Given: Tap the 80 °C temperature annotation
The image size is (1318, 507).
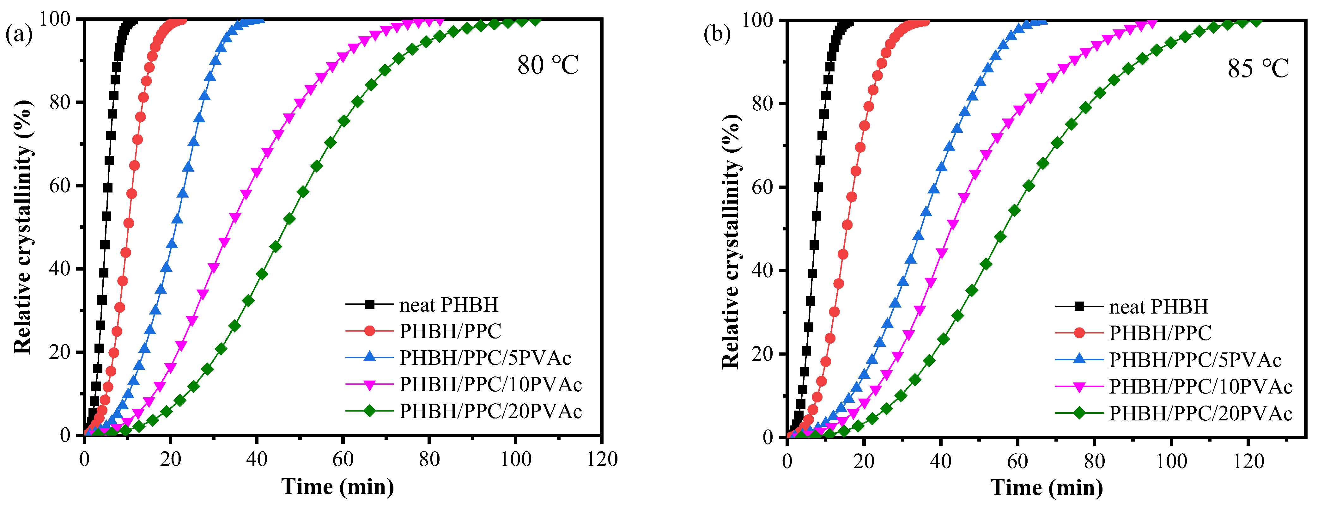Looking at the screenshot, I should click(x=548, y=65).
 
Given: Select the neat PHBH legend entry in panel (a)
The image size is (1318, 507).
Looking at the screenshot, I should click(x=448, y=305).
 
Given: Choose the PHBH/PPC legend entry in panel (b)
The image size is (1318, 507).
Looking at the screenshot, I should click(x=1160, y=333).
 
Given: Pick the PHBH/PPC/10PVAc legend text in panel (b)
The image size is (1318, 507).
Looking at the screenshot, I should click(x=1200, y=387).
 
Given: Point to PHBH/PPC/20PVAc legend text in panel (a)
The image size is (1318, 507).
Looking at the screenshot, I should click(x=490, y=411).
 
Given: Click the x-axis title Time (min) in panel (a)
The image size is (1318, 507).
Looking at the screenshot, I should click(x=338, y=486).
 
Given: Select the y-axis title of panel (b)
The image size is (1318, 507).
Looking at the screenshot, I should click(x=731, y=241).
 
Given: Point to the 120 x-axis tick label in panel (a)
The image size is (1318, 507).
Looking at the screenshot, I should click(x=602, y=459).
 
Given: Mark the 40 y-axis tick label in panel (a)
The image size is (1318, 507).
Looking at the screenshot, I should click(x=59, y=269).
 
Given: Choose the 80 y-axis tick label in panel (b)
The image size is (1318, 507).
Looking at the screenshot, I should click(x=762, y=104).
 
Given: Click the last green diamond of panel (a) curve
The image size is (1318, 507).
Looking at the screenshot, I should click(x=535, y=21).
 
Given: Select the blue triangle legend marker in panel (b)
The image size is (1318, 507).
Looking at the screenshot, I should click(x=1079, y=359).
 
